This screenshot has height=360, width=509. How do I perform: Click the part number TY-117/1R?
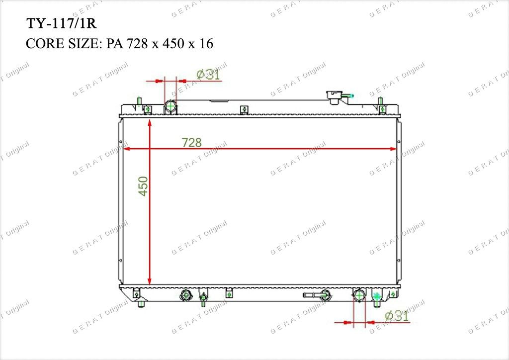(61, 24)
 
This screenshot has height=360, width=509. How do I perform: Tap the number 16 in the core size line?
(206, 43)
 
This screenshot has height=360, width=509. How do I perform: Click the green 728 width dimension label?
(191, 142)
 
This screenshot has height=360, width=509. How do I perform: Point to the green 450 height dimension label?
(143, 186)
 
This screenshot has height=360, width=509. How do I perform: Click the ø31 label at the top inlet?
(208, 75)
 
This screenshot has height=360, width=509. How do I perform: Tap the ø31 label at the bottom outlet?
(397, 316)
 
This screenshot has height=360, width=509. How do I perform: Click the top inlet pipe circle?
(170, 105)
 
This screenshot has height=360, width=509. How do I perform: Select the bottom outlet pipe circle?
(359, 295)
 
